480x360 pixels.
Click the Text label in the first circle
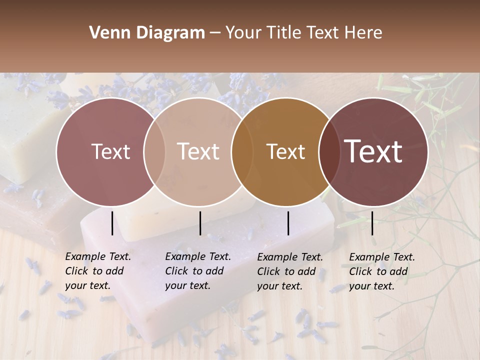(x=110, y=152)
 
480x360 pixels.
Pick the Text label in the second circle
(x=198, y=152)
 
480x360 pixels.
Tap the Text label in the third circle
(x=285, y=152)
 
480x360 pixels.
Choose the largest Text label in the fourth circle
(x=373, y=151)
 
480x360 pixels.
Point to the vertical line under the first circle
(x=112, y=223)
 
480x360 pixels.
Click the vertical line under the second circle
(x=200, y=223)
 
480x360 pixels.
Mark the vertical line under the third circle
(x=288, y=223)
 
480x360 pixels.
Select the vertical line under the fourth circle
(x=372, y=223)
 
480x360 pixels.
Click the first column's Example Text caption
(x=98, y=271)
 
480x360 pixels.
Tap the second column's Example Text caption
(x=198, y=271)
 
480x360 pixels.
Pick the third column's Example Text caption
(x=290, y=271)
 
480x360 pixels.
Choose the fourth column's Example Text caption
(x=382, y=271)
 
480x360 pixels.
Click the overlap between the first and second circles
(x=154, y=152)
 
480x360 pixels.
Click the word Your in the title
(x=244, y=33)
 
